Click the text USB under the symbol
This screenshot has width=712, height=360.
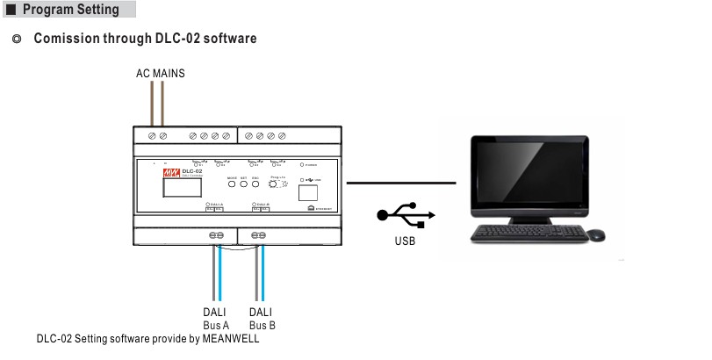pyautogui.click(x=405, y=240)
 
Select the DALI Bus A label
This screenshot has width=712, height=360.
pyautogui.click(x=217, y=318)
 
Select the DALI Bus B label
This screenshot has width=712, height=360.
pyautogui.click(x=261, y=318)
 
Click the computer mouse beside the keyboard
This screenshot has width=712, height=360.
pyautogui.click(x=595, y=234)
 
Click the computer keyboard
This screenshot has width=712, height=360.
pyautogui.click(x=528, y=234)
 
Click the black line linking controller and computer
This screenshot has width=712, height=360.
pyautogui.click(x=401, y=184)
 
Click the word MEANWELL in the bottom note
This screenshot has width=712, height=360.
pyautogui.click(x=229, y=339)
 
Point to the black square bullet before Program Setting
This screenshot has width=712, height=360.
pyautogui.click(x=11, y=11)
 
